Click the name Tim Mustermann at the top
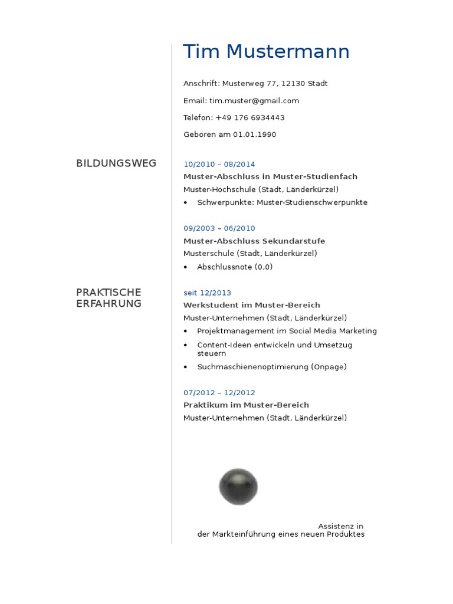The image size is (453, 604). (x=266, y=52)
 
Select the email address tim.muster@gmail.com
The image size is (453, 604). (x=254, y=101)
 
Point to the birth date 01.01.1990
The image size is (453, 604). (x=254, y=134)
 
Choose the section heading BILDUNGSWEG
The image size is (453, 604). (x=116, y=163)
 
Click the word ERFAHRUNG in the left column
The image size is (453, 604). (x=109, y=304)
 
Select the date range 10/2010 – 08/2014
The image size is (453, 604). (x=219, y=165)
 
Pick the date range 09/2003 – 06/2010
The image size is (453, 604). (x=219, y=228)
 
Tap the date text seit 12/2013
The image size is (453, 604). (x=207, y=293)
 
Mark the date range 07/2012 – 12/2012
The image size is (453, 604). (x=219, y=393)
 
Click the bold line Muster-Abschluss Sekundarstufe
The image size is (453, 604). (x=254, y=241)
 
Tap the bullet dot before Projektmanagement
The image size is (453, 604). (x=186, y=331)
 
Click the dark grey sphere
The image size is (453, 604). (x=238, y=487)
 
